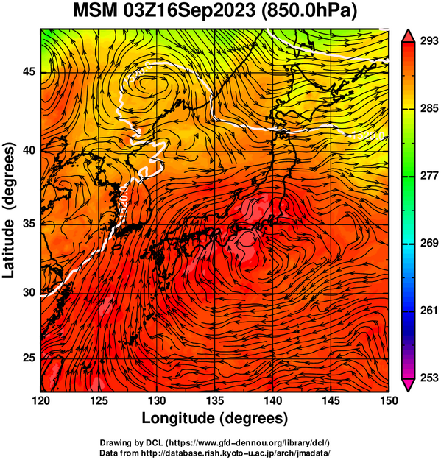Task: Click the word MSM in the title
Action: click(x=94, y=11)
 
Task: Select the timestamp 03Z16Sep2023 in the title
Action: click(x=189, y=11)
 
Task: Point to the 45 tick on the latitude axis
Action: click(x=29, y=72)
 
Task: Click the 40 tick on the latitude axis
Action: click(x=29, y=151)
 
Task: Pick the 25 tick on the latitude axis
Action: click(x=29, y=358)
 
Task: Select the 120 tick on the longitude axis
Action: click(x=40, y=400)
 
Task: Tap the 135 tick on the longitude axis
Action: click(x=215, y=400)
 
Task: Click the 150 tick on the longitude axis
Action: click(x=389, y=400)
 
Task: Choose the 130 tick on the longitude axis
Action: click(x=157, y=400)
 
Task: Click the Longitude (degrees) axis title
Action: click(x=215, y=419)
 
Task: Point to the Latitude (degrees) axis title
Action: click(x=9, y=210)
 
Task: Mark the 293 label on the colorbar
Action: click(x=429, y=41)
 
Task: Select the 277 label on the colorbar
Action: click(x=429, y=176)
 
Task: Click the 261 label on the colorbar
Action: click(x=429, y=311)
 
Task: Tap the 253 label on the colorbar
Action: click(x=429, y=378)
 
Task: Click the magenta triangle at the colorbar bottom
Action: click(x=408, y=384)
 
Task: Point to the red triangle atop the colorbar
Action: click(x=408, y=36)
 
